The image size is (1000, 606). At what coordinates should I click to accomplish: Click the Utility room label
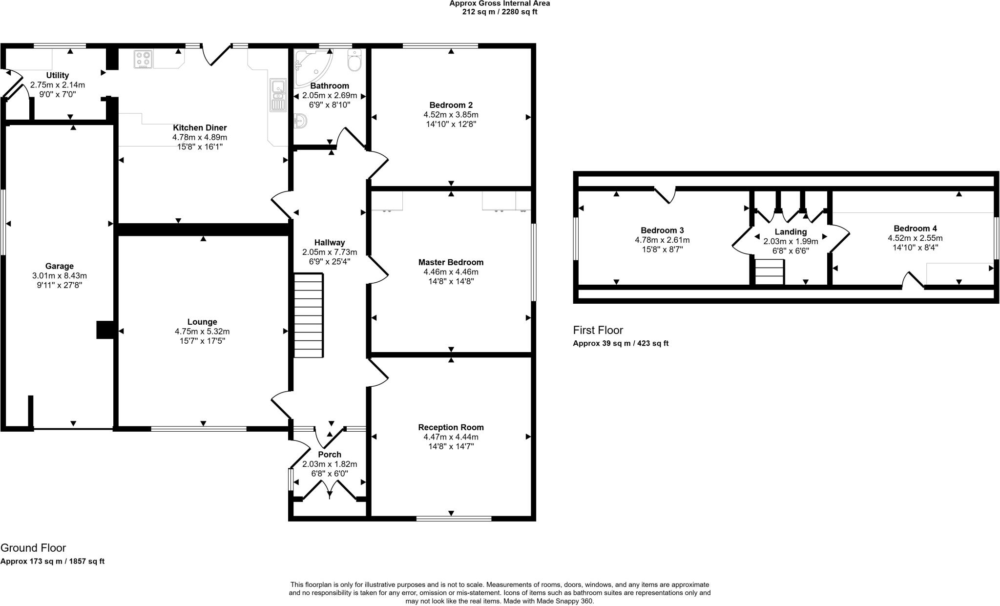tap(58, 75)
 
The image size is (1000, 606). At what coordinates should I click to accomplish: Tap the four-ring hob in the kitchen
tap(143, 59)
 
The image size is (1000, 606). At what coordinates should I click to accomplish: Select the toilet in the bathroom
tap(354, 61)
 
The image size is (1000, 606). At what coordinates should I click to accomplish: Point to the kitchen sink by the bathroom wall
tap(277, 96)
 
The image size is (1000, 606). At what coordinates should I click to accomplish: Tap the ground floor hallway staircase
tap(309, 315)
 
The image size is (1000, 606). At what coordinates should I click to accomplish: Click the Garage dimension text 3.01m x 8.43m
tap(60, 275)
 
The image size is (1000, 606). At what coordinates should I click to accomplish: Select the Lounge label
tap(202, 322)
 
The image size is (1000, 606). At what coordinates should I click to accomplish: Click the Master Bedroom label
tap(451, 262)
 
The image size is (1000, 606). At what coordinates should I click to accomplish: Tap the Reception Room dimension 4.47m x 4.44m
tap(451, 437)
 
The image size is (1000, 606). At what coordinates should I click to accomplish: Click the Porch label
tap(330, 455)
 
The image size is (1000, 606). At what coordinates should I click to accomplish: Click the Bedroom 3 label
tap(662, 230)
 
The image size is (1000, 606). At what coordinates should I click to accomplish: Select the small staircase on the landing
tap(769, 272)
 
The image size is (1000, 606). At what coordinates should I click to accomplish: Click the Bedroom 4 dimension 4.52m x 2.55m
tap(915, 238)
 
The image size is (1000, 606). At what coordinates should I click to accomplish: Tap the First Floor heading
tap(598, 330)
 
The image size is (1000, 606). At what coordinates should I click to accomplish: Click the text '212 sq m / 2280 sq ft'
tap(500, 12)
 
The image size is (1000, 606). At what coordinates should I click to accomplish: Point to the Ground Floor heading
tap(33, 548)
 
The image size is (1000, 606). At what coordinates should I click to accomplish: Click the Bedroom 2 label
tap(451, 105)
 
